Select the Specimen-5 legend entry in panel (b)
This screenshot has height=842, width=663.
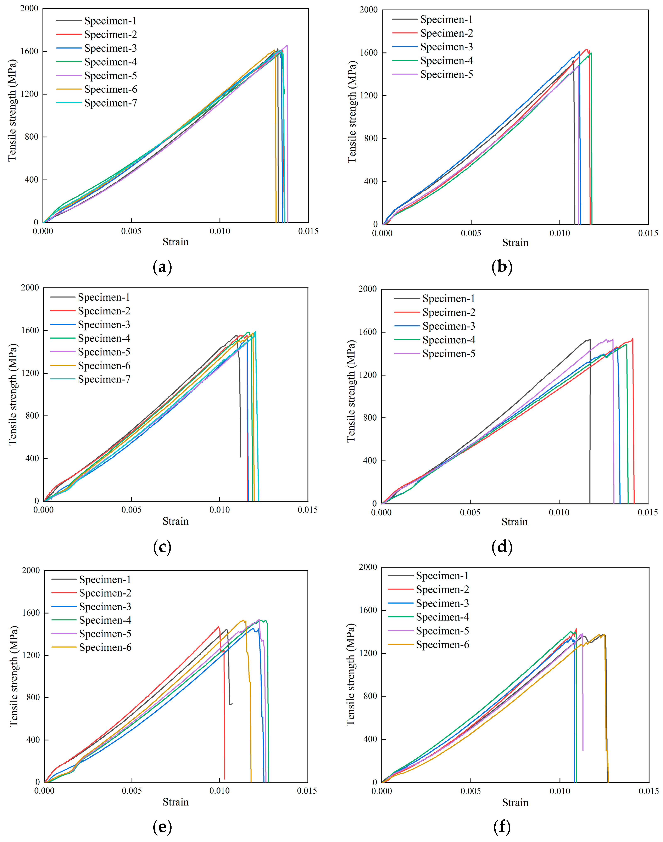tap(446, 74)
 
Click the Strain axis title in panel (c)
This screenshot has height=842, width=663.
tap(175, 521)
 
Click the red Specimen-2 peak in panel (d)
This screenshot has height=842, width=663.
tap(632, 339)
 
